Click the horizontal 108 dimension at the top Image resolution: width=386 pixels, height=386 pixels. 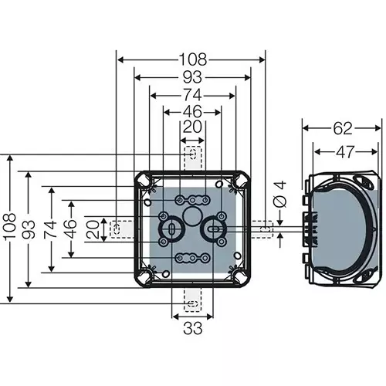tap(191, 59)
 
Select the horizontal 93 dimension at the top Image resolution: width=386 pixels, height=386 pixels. tap(191, 77)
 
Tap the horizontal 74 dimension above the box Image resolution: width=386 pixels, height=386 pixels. tap(192, 95)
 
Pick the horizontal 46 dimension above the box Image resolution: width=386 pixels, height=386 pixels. tap(192, 113)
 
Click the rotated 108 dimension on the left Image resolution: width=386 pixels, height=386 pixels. tap(11, 229)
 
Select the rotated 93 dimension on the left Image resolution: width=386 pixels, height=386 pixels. tap(29, 229)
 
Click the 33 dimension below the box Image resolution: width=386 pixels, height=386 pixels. tap(191, 328)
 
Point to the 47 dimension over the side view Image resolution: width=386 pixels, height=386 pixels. tap(345, 152)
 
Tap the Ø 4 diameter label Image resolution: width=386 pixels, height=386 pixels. tap(280, 194)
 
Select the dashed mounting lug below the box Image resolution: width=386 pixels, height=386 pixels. tap(192, 302)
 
